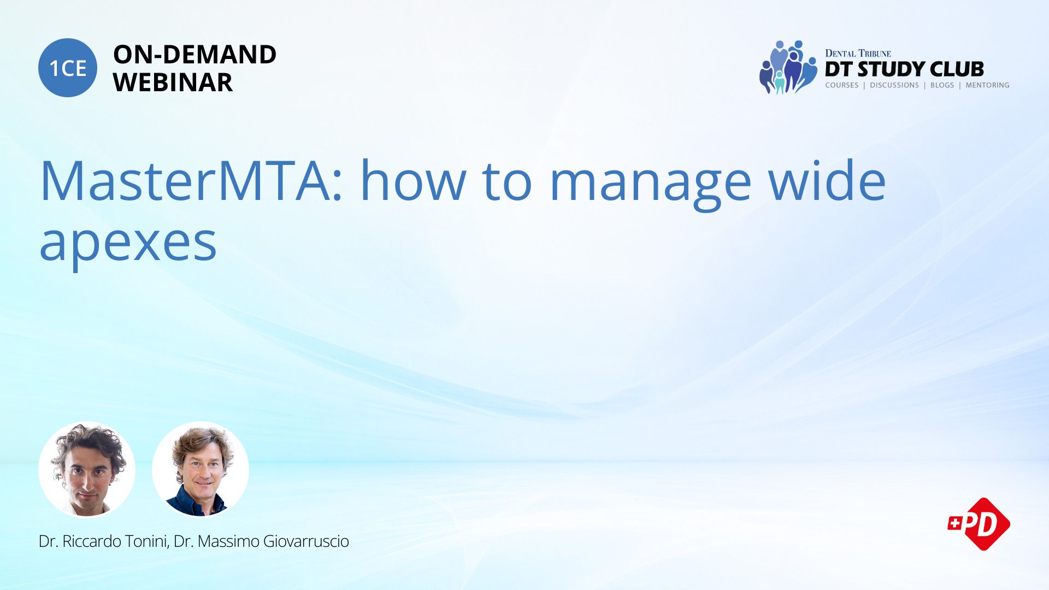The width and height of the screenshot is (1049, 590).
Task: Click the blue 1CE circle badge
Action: (x=68, y=68)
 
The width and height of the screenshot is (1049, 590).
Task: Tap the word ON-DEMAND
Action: (x=195, y=55)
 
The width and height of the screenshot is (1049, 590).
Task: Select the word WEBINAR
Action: (x=173, y=82)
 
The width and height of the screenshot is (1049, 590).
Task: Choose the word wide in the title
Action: (x=827, y=180)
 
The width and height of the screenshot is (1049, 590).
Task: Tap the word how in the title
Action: (x=413, y=180)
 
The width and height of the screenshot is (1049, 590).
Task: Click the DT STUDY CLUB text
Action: (x=904, y=69)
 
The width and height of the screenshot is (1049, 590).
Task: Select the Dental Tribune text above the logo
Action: (x=858, y=53)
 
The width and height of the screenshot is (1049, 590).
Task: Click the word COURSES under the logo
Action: (x=841, y=85)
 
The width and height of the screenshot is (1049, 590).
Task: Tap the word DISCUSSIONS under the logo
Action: (x=894, y=85)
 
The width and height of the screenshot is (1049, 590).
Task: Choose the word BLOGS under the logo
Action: (x=942, y=85)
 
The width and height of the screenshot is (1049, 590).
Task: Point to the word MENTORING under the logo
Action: (x=987, y=85)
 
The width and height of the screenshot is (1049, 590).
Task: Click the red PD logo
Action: (x=979, y=524)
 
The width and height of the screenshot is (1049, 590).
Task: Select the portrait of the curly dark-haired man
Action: (x=87, y=469)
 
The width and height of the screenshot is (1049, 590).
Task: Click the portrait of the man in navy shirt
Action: (x=201, y=469)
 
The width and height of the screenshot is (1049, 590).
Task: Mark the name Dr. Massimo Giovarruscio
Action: (x=261, y=541)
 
